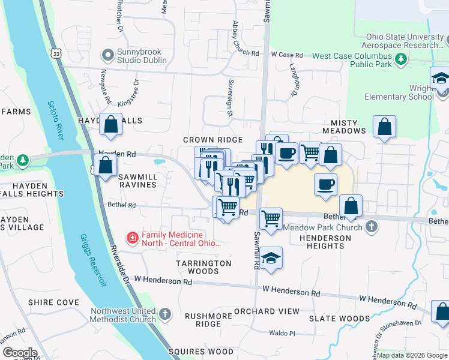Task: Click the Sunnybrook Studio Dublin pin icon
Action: [108, 55]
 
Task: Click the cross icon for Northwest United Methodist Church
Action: [165, 314]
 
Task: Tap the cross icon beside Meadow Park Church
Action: [372, 227]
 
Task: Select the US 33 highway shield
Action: [56, 53]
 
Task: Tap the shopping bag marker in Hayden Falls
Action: [111, 125]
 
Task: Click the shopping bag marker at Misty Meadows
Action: [384, 127]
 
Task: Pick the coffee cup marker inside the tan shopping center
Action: [325, 184]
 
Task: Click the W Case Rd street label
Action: [290, 54]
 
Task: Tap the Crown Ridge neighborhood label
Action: [212, 140]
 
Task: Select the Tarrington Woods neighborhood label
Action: [203, 267]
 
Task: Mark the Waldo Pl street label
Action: [283, 333]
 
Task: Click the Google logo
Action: [20, 352]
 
